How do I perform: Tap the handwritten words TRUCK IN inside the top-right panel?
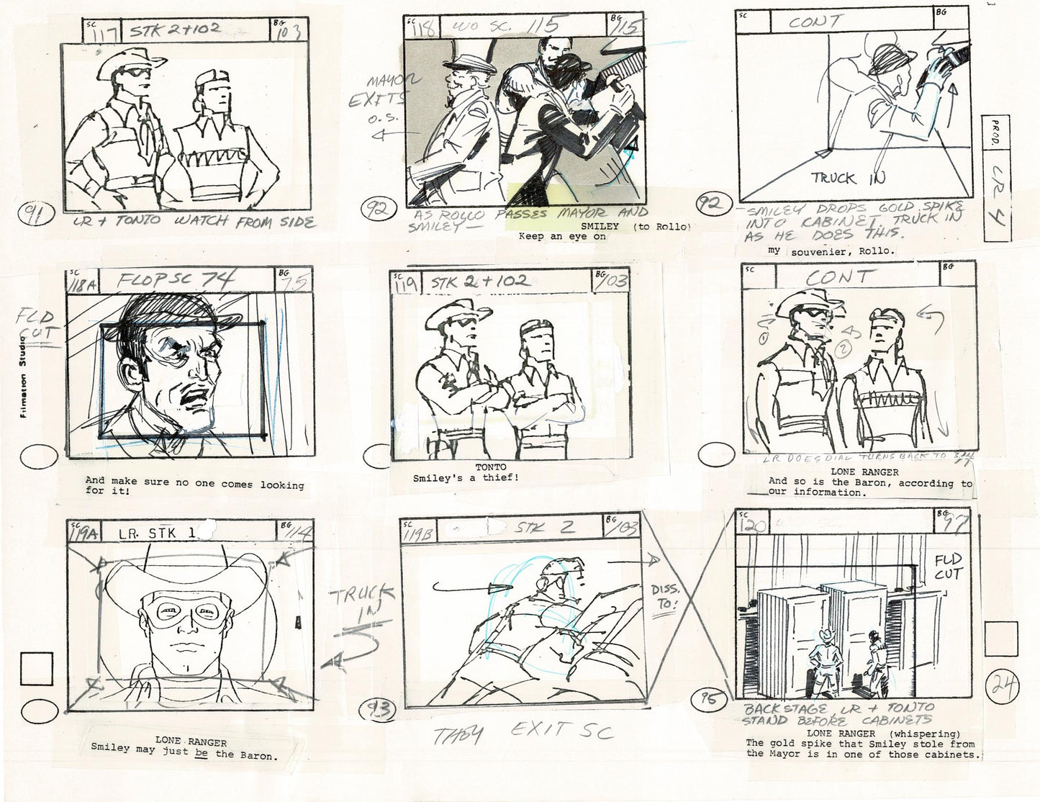coord(848,178)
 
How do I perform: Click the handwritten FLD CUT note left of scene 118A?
coord(37,328)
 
